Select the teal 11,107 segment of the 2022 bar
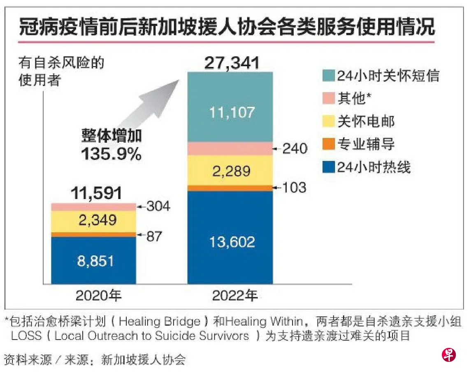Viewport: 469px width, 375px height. [x=230, y=112]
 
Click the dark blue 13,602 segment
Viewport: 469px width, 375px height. [x=230, y=241]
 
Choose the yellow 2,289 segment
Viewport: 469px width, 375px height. [x=230, y=170]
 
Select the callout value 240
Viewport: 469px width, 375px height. [x=295, y=148]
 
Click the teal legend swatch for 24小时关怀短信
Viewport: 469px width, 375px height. [x=328, y=76]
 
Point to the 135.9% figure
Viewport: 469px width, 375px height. [x=111, y=154]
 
